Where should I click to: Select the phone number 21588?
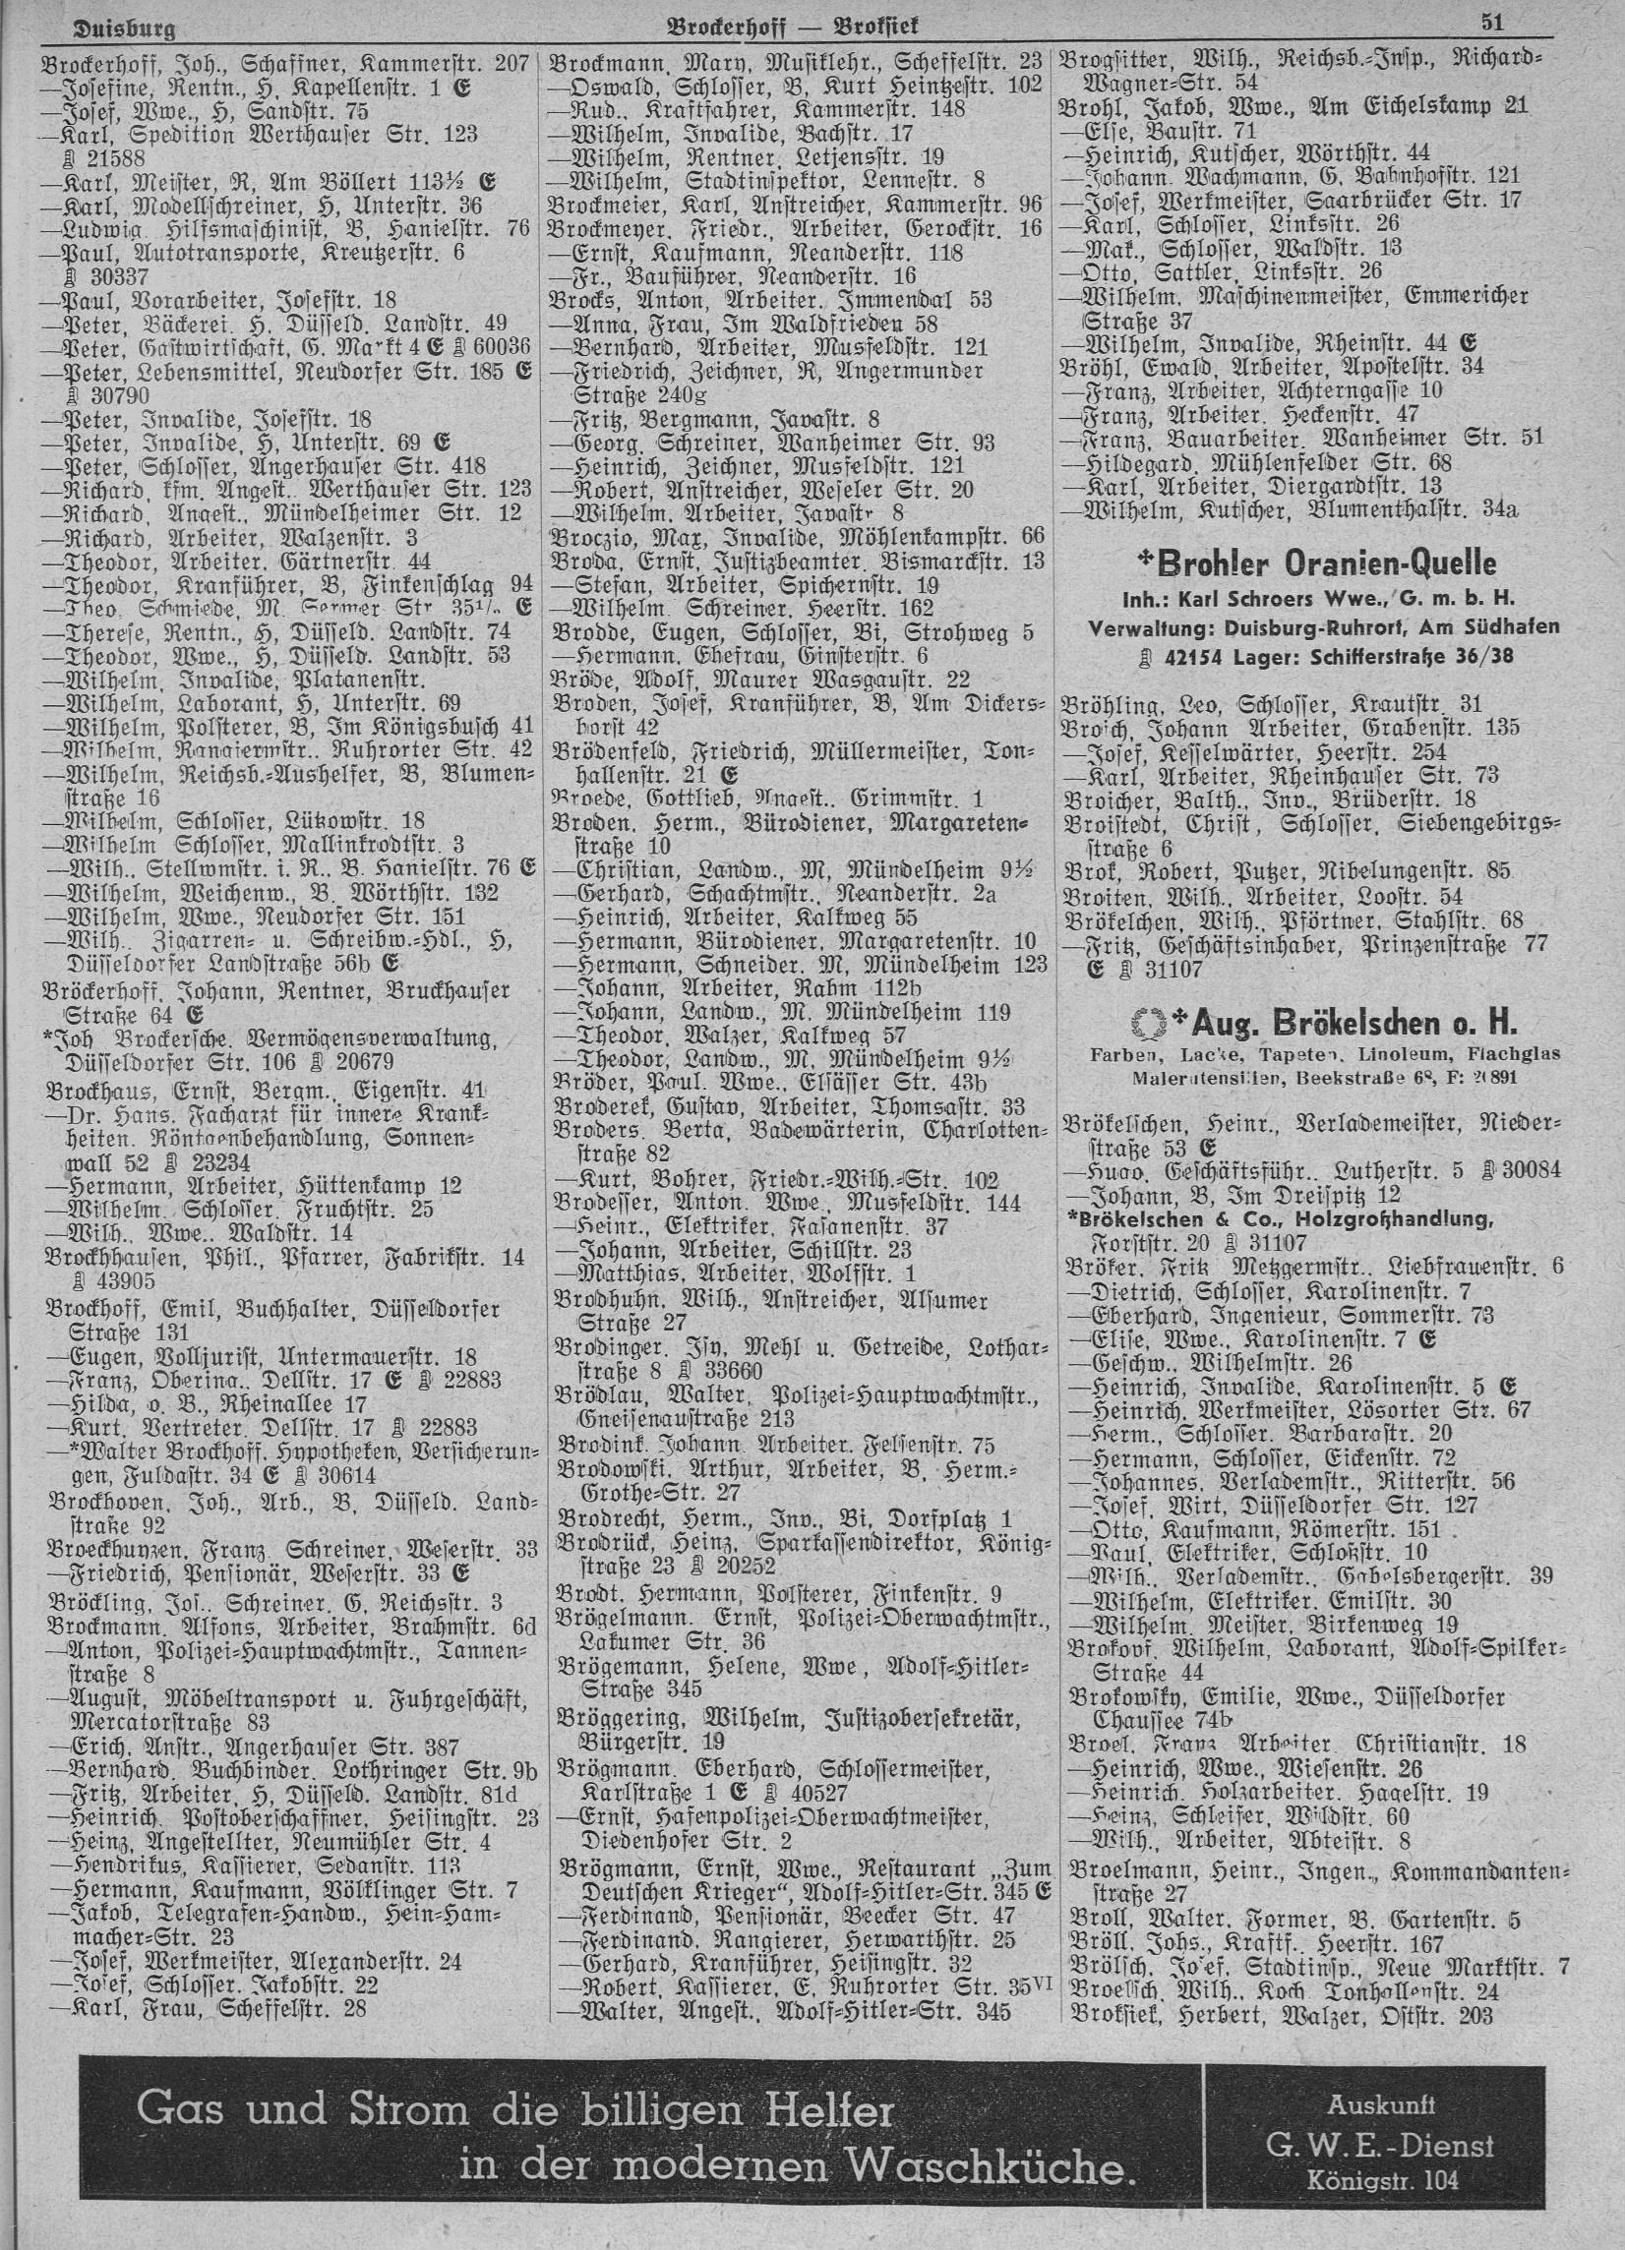coord(93,157)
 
